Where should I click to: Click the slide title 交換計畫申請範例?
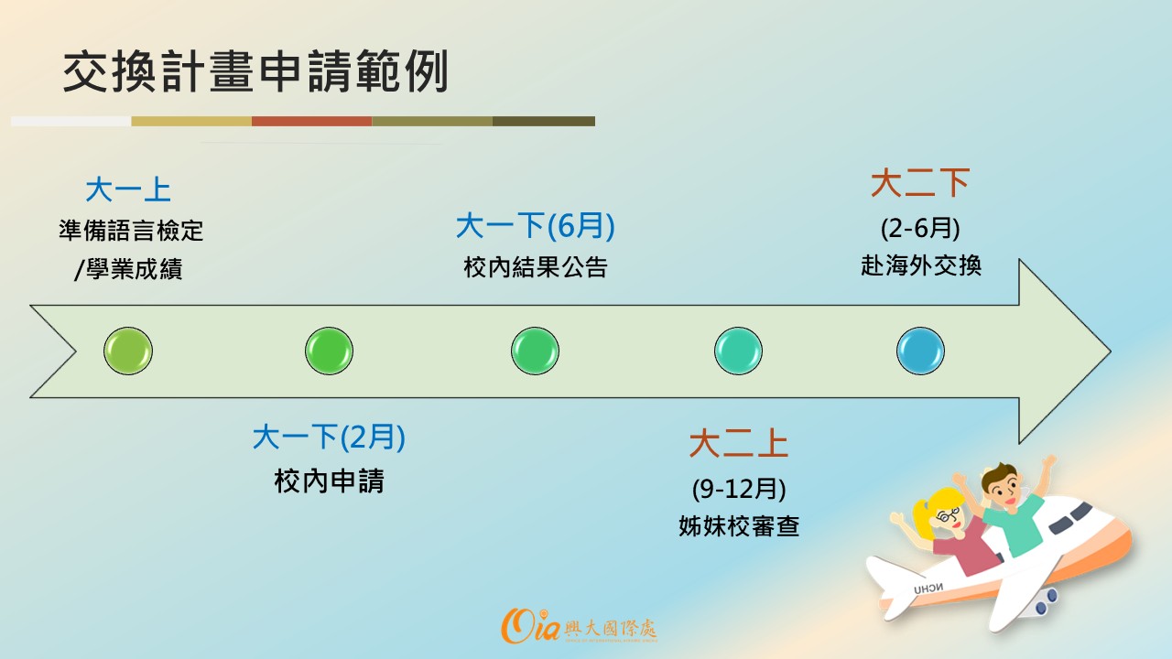pyautogui.click(x=255, y=71)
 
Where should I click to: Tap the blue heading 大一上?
pyautogui.click(x=128, y=189)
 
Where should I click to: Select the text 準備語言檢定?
pyautogui.click(x=131, y=231)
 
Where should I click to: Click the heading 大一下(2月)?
pyautogui.click(x=329, y=438)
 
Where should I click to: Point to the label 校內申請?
pyautogui.click(x=329, y=481)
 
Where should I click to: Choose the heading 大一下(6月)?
pyautogui.click(x=536, y=225)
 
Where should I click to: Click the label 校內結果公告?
pyautogui.click(x=536, y=267)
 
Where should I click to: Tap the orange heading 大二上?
pyautogui.click(x=738, y=444)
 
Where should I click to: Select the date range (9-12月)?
pyautogui.click(x=738, y=489)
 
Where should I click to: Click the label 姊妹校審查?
pyautogui.click(x=738, y=526)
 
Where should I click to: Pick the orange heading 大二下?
pyautogui.click(x=920, y=183)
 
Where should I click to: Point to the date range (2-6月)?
pyautogui.click(x=920, y=228)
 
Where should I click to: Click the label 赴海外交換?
pyautogui.click(x=920, y=265)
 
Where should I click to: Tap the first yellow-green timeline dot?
pyautogui.click(x=128, y=351)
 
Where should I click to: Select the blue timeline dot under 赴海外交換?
pyautogui.click(x=920, y=351)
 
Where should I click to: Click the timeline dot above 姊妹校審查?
pyautogui.click(x=738, y=351)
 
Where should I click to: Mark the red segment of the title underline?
pyautogui.click(x=312, y=122)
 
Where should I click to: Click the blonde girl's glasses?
pyautogui.click(x=948, y=514)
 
